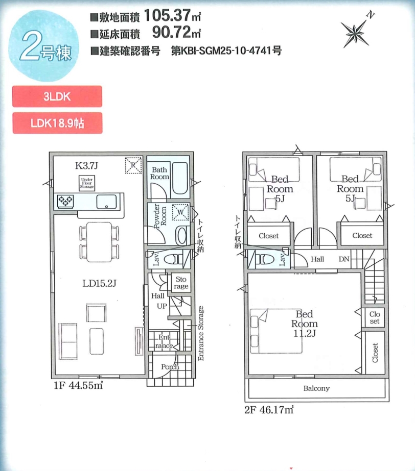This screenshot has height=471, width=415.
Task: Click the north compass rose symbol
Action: [356, 32]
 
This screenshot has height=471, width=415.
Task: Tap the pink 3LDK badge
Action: [57, 96]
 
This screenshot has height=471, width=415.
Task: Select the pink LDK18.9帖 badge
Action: [57, 123]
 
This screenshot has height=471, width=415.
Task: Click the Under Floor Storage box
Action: [87, 183]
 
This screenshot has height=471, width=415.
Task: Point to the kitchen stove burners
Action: [65, 201]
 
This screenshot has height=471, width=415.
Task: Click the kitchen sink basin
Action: [106, 202]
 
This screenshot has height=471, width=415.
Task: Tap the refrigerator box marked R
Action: [133, 165]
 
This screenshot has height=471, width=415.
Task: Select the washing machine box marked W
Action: [180, 212]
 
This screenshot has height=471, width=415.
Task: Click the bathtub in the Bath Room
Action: [180, 179]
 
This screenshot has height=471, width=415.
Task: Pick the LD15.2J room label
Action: [99, 283]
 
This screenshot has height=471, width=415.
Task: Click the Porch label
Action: [170, 367]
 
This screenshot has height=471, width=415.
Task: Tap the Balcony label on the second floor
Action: [316, 388]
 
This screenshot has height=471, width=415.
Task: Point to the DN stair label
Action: [344, 259]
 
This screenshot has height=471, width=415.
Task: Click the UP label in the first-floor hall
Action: [162, 306]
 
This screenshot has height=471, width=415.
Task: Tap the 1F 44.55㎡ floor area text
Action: [78, 385]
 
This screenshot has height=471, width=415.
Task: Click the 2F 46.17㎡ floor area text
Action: [269, 410]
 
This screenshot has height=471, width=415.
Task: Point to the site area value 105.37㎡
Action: [172, 15]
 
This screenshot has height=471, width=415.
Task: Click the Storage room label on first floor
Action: [181, 283]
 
